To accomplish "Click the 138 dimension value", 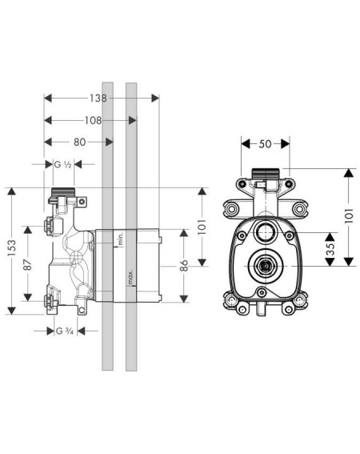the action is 98,98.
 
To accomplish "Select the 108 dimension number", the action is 93,120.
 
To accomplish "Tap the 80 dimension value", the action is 79,143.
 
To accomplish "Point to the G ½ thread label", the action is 62,164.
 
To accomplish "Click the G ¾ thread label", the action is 64,331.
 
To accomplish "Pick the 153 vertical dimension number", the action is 12,247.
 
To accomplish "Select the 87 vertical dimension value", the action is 28,264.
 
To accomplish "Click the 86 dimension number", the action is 184,266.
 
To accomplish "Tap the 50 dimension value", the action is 265,144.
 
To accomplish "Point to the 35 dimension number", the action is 330,249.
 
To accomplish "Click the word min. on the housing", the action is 121,239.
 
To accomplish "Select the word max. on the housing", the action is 130,277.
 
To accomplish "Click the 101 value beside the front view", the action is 350,215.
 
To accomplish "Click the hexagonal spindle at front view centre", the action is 264,266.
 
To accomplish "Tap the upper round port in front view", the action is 264,232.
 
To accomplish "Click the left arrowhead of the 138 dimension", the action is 48,98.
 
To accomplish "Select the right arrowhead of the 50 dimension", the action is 286,144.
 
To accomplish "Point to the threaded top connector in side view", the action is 63,192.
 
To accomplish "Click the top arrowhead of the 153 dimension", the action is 11,191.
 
